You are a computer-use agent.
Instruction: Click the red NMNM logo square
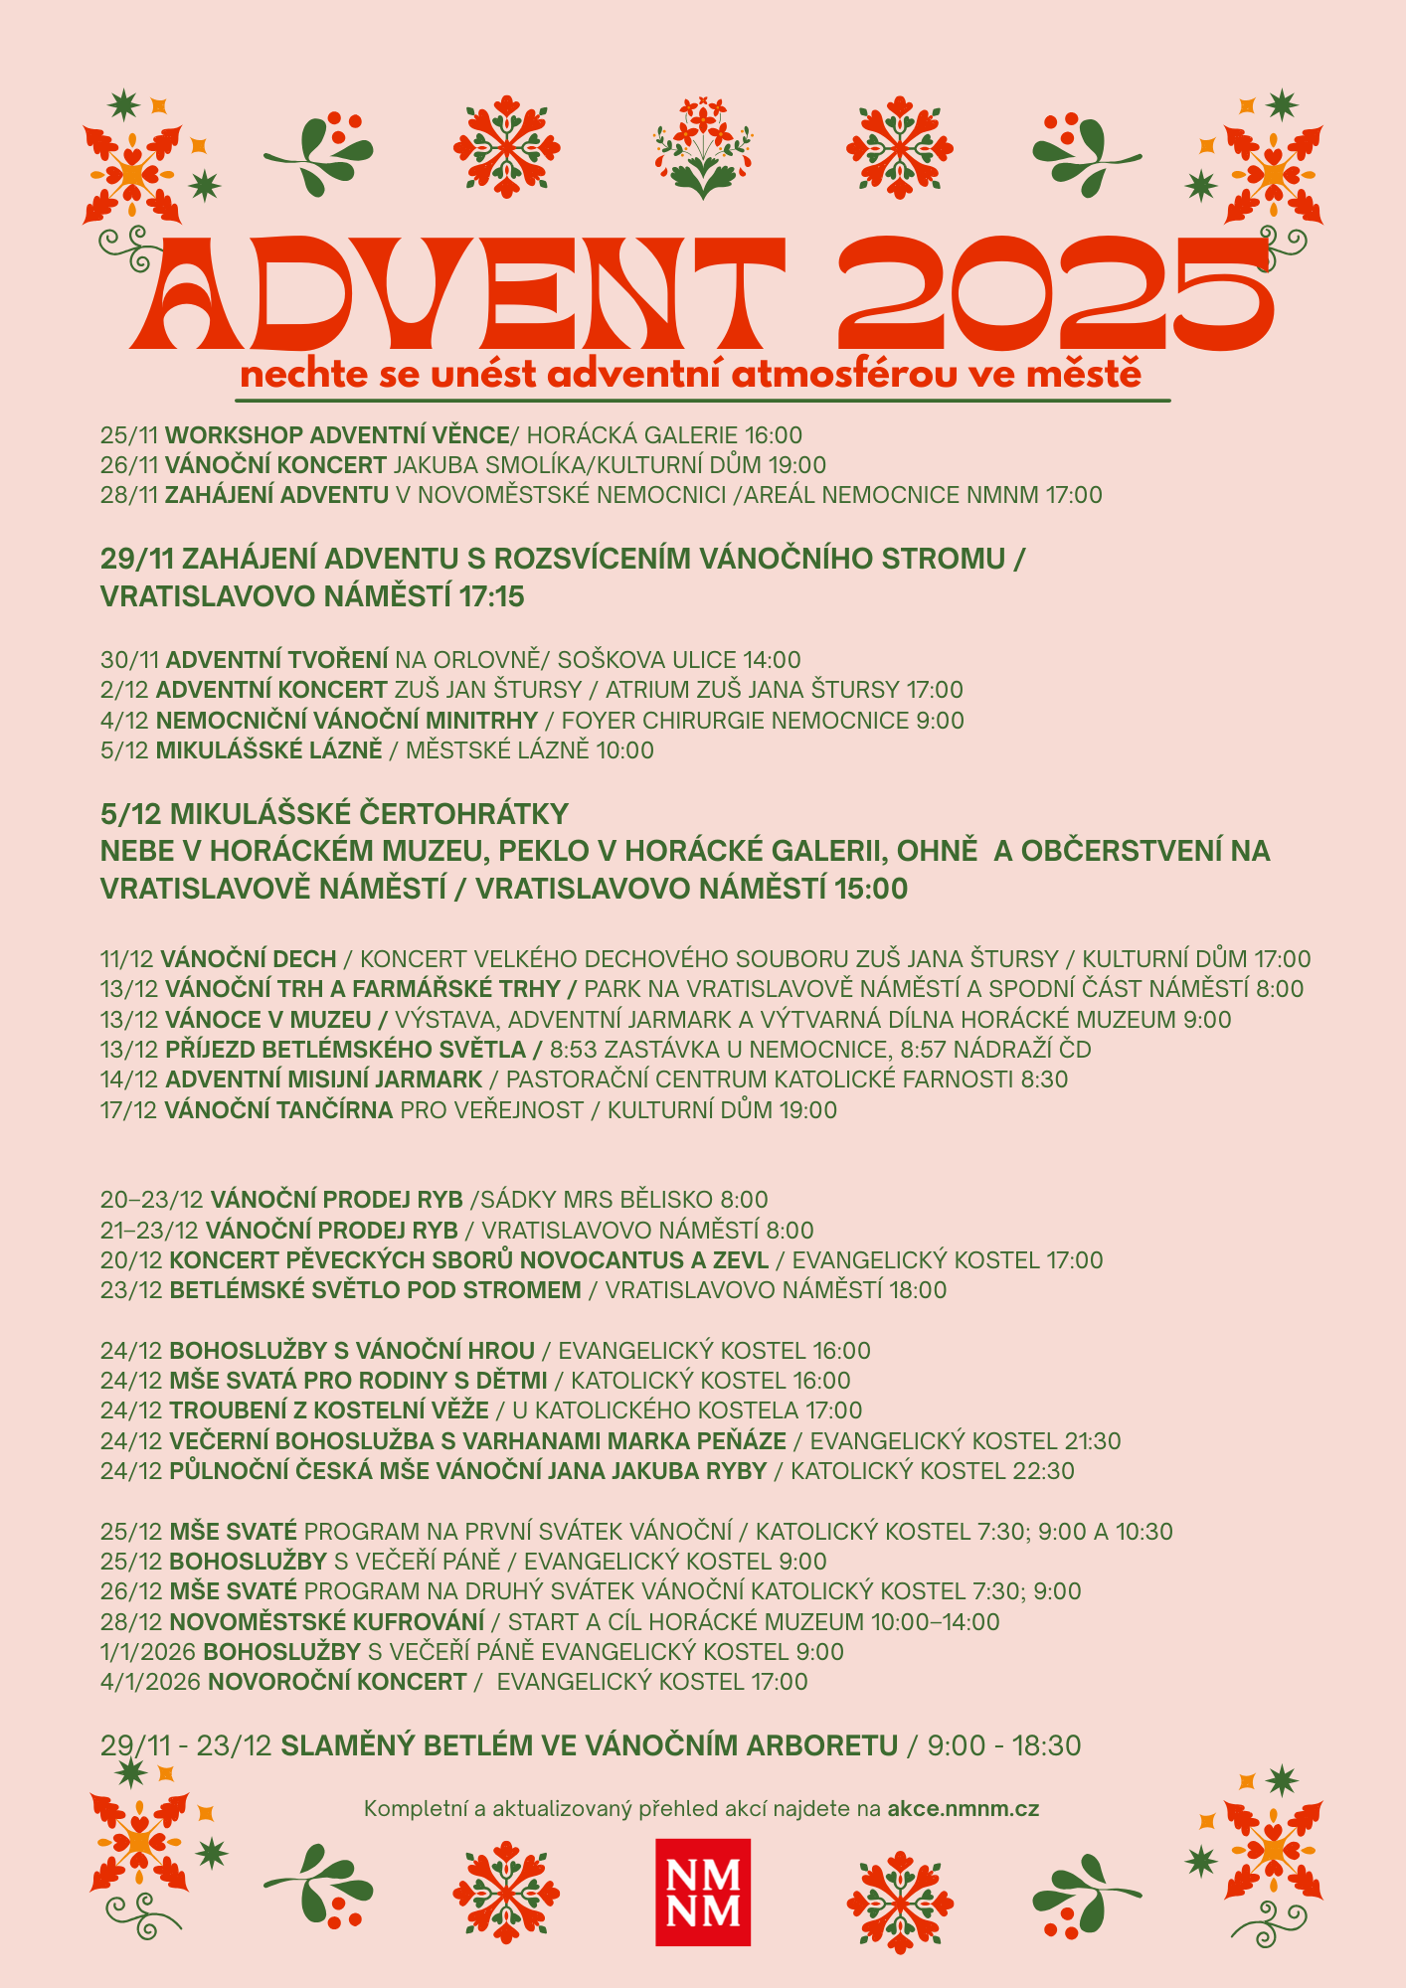pyautogui.click(x=702, y=1892)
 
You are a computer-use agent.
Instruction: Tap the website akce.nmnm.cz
pyautogui.click(x=963, y=1808)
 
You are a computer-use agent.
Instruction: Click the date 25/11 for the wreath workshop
pyautogui.click(x=129, y=435)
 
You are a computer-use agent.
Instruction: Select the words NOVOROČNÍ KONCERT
pyautogui.click(x=335, y=1682)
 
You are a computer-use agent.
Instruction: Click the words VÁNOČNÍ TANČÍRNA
pyautogui.click(x=278, y=1110)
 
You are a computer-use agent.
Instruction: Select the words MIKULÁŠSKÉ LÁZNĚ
pyautogui.click(x=268, y=750)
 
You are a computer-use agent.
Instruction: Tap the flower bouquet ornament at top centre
pyautogui.click(x=702, y=147)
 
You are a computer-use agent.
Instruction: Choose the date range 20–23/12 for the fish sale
pyautogui.click(x=151, y=1200)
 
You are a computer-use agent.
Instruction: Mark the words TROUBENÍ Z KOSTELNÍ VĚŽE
pyautogui.click(x=329, y=1410)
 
